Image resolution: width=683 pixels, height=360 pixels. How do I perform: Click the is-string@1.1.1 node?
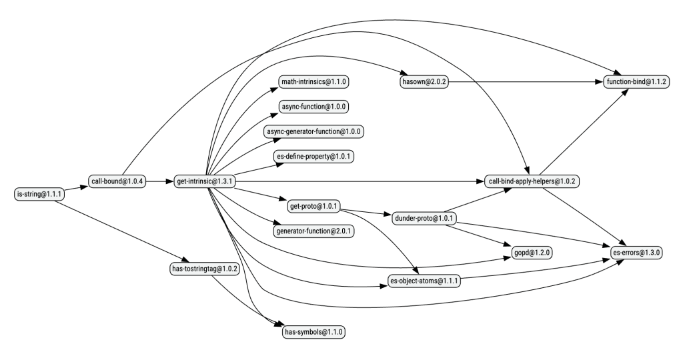coord(39,194)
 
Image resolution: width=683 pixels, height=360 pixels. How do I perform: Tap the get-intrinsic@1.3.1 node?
coord(204,181)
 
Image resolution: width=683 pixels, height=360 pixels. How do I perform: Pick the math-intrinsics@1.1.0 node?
coord(314,81)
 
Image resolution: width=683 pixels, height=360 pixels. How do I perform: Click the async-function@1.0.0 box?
coord(314,106)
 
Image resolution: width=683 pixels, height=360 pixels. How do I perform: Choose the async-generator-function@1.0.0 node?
coord(314,131)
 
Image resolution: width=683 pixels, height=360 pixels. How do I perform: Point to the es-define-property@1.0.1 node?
coord(314,156)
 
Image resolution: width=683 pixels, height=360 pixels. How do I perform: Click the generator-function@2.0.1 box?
coord(314,231)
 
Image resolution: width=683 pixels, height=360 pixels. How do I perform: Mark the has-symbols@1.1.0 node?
coord(314,331)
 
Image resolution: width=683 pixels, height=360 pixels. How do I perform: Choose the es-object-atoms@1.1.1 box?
coord(423,281)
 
